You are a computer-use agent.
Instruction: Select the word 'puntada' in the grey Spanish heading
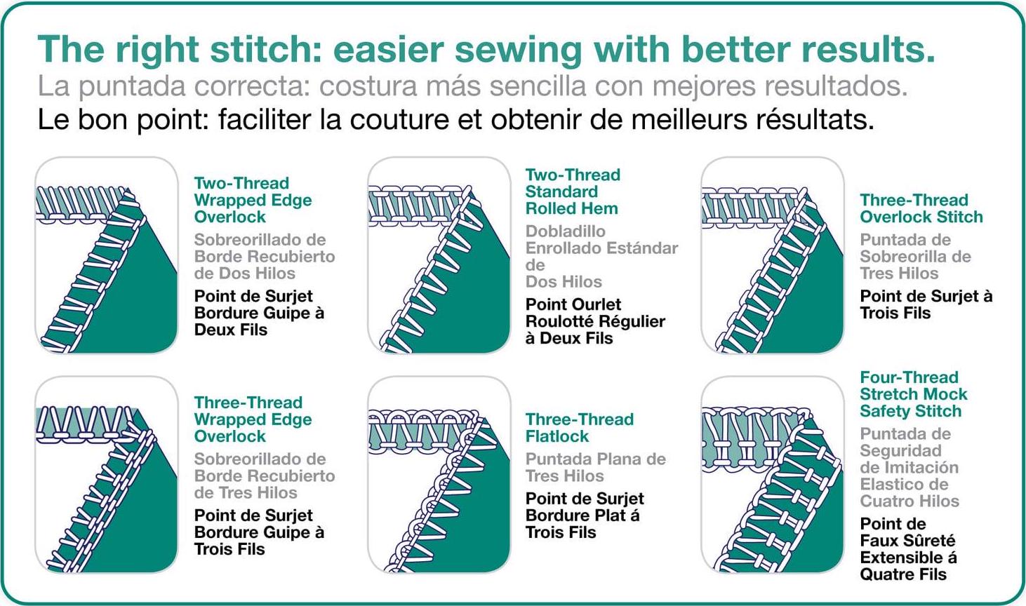click(132, 87)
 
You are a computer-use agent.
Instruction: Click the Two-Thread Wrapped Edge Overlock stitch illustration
click(106, 255)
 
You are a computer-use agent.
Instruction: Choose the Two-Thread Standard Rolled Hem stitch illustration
click(439, 255)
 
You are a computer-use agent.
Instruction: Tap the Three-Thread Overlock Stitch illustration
click(772, 255)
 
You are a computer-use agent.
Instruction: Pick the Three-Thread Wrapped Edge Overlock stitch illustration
click(106, 475)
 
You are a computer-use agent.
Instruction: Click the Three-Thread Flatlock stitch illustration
click(439, 475)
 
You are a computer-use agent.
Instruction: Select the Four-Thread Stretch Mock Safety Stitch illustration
click(772, 475)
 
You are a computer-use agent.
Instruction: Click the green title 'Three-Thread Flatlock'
click(580, 428)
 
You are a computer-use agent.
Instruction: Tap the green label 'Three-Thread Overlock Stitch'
click(921, 208)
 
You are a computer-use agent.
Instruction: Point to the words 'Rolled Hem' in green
click(572, 209)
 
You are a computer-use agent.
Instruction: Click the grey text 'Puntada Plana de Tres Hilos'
click(595, 467)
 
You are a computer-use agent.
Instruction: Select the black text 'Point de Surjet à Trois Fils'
click(926, 304)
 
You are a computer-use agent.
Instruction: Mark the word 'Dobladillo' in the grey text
click(565, 231)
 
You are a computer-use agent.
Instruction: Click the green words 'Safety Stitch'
click(911, 412)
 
